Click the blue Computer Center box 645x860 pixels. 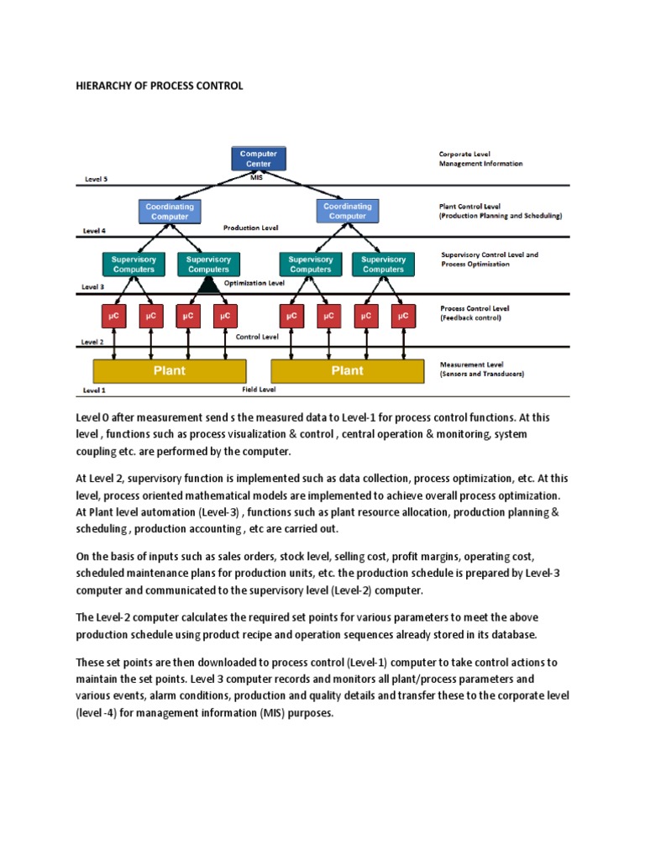(259, 159)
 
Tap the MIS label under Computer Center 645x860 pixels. (258, 176)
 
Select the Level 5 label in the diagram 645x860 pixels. (96, 179)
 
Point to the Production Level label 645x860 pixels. (249, 228)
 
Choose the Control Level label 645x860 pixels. (257, 336)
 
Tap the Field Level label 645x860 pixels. (260, 390)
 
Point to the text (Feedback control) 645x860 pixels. (470, 318)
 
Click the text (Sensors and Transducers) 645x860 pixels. (481, 374)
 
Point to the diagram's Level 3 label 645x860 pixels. (92, 286)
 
